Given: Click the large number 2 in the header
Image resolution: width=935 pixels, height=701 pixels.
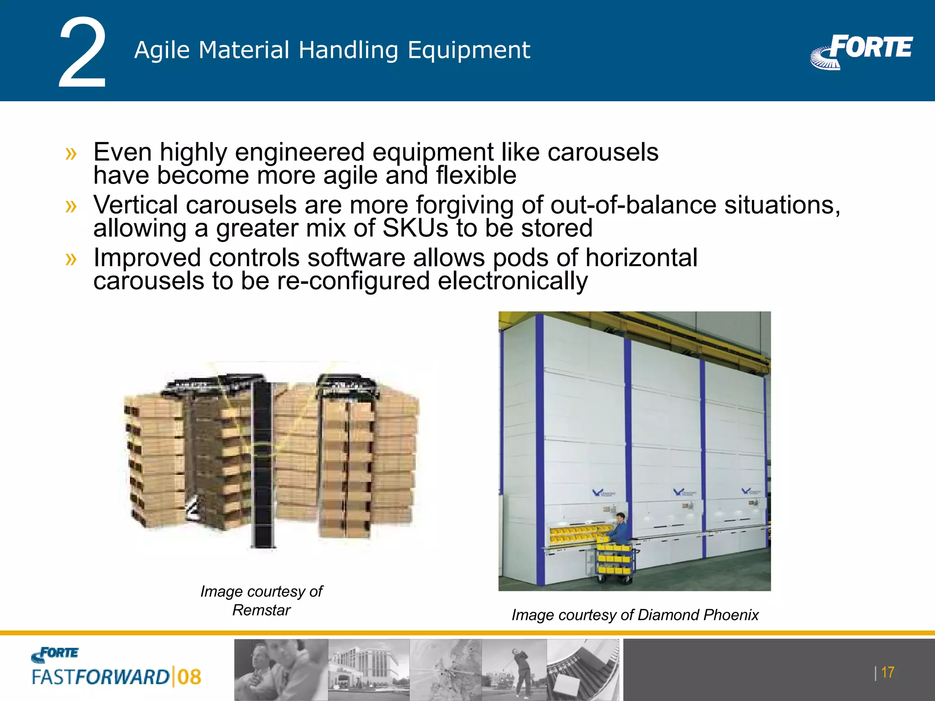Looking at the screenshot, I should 82,52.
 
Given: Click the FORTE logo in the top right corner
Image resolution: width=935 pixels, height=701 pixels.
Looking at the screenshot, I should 862,51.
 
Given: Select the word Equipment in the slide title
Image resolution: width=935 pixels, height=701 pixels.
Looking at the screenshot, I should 469,50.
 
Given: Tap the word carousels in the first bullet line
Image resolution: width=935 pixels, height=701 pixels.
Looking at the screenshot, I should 603,152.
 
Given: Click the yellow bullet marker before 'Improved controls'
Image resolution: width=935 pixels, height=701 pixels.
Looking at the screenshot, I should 71,259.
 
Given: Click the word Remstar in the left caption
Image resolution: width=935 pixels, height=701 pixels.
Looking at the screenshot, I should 261,610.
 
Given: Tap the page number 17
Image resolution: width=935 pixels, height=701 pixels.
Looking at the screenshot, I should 887,672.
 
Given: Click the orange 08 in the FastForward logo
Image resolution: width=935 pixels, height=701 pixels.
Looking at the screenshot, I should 189,677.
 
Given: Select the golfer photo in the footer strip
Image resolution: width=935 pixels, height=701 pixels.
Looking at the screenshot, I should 515,670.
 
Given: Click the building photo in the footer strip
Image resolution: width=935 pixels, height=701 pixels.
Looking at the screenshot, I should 369,670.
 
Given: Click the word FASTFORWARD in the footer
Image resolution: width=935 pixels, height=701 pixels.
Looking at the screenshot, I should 100,677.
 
